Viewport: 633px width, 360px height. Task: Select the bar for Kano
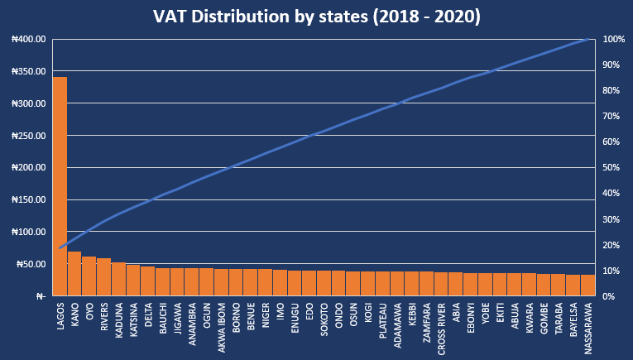(74, 274)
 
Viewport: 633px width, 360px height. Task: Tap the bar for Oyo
(89, 276)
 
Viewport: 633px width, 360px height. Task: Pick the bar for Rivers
(103, 277)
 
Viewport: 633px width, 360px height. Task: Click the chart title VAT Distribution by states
(316, 17)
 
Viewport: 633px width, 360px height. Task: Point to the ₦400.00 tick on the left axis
(28, 40)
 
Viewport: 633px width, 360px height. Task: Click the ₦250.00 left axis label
(28, 136)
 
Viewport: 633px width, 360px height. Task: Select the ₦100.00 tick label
(28, 232)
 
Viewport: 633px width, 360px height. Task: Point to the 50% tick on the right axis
(611, 168)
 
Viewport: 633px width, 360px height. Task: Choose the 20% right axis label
(611, 245)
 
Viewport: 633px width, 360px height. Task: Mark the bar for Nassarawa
(587, 286)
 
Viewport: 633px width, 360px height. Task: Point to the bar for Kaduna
(118, 279)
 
